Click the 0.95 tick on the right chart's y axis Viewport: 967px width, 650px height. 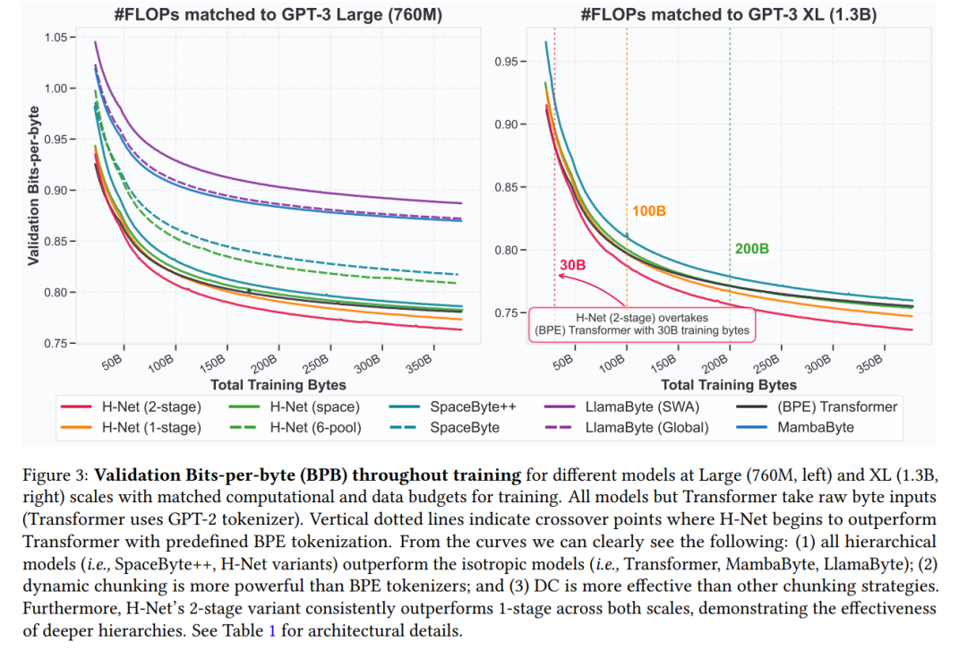508,62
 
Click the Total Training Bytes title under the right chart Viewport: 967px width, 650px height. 728,385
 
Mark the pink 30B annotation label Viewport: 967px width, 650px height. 573,266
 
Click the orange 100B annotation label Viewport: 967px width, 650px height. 649,212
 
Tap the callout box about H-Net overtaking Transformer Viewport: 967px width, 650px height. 641,323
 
